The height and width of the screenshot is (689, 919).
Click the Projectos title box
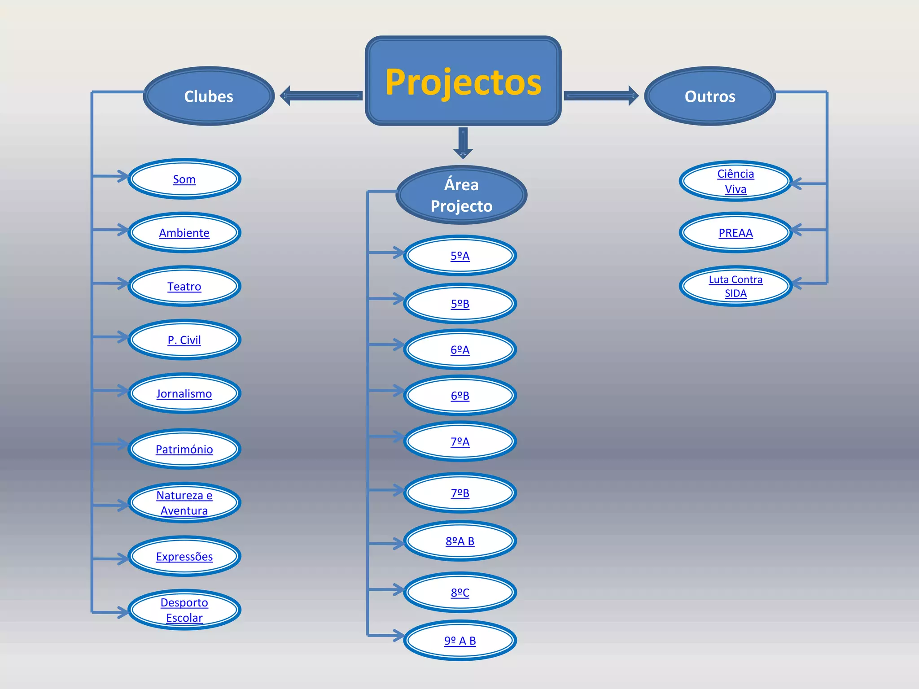point(463,81)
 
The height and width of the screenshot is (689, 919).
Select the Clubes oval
point(209,96)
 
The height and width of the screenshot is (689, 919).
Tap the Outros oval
point(710,96)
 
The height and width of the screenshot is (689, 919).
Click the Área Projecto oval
point(461,195)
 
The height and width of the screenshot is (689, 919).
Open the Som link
point(184,179)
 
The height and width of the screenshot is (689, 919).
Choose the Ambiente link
point(184,233)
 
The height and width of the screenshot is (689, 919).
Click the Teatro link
point(184,287)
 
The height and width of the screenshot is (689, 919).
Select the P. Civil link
point(184,340)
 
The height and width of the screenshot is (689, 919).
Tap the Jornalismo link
point(184,394)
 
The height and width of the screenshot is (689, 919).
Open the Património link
point(184,449)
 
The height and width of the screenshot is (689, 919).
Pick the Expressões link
point(184,557)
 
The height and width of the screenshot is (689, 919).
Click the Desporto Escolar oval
point(184,610)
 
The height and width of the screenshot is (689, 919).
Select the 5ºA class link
point(460,256)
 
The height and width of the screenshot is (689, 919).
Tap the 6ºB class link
point(460,396)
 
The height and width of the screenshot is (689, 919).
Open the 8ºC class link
point(460,593)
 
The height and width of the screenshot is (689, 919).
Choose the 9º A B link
point(460,641)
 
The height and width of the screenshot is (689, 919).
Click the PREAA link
point(735,233)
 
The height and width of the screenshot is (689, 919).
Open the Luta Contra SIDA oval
point(735,286)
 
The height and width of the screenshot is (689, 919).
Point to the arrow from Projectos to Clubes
point(321,96)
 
